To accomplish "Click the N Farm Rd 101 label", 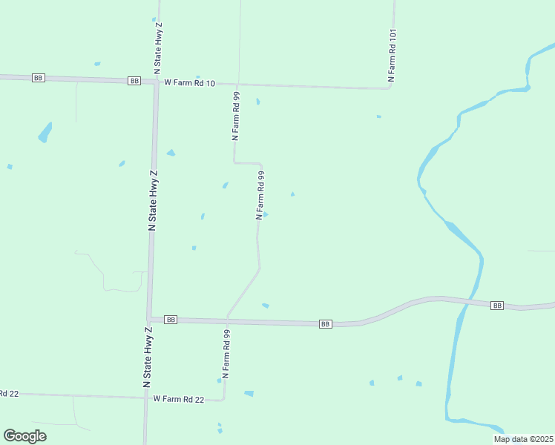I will click(393, 56).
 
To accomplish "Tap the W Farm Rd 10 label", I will click(189, 83).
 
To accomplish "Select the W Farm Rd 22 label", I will click(178, 399).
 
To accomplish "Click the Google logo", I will click(25, 436).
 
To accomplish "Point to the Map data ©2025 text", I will click(523, 439).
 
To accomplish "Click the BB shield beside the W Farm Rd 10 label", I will click(134, 81).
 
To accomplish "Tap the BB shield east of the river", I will click(497, 306).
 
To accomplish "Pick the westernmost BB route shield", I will click(39, 78).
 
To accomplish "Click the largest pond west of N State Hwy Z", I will click(45, 132).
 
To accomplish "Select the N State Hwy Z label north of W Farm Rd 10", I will click(158, 47).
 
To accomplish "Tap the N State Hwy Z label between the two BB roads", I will click(153, 200).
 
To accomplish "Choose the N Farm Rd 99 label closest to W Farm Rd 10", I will click(235, 116).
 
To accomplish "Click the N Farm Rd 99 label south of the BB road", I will click(226, 355).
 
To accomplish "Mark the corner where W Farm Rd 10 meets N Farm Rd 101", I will click(390, 88).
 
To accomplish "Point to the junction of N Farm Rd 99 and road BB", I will click(227, 320).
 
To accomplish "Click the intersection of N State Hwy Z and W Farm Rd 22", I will click(146, 398).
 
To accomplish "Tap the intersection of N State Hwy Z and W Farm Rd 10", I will click(156, 82).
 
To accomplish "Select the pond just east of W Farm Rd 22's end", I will click(249, 393).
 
